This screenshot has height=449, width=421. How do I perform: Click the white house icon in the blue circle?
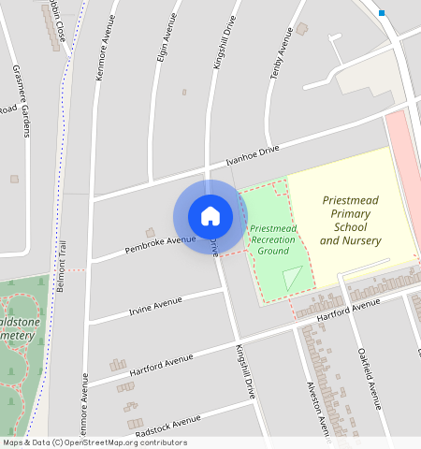[x=210, y=216]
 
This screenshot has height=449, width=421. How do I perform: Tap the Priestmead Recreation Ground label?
[x=273, y=239]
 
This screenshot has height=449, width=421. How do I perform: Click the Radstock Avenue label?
[x=167, y=426]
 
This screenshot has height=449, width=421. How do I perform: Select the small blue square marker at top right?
[x=382, y=13]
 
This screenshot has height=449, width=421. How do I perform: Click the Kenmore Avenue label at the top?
[x=105, y=46]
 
